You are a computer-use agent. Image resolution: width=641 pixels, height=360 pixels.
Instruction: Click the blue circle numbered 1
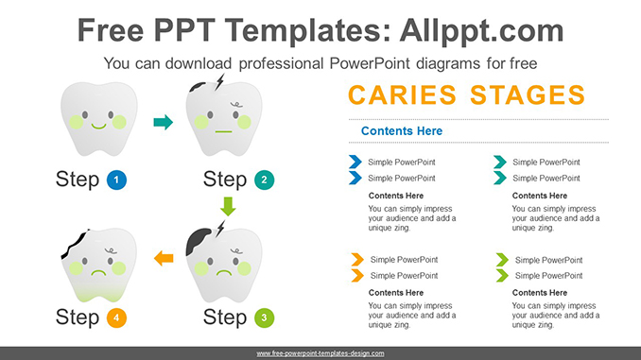click(x=117, y=180)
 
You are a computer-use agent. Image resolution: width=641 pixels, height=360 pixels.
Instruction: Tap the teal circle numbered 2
click(x=264, y=180)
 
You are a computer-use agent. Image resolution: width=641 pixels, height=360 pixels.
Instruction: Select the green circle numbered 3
click(x=264, y=317)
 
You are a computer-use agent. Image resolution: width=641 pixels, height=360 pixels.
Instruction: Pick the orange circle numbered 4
click(x=117, y=317)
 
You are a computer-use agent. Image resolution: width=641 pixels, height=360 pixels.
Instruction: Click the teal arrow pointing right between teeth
click(x=164, y=122)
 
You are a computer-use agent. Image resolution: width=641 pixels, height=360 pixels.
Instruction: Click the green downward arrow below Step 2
click(x=227, y=205)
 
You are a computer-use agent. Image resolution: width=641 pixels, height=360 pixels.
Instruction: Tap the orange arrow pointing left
click(x=164, y=257)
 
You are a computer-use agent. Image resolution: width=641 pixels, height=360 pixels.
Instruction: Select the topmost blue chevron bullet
click(x=355, y=162)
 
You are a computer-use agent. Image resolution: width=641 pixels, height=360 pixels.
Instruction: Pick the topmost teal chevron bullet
click(x=499, y=162)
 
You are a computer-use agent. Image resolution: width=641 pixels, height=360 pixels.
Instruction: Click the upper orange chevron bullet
click(x=356, y=259)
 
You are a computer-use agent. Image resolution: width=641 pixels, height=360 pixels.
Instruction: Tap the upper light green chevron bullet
click(x=501, y=259)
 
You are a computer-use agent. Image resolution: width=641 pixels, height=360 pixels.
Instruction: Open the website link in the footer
click(x=320, y=352)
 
